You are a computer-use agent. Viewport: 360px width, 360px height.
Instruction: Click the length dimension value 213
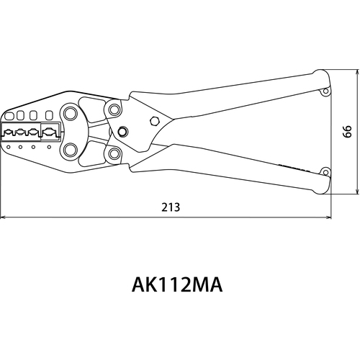[x=171, y=207]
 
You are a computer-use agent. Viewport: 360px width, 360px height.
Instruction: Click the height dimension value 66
[x=347, y=131]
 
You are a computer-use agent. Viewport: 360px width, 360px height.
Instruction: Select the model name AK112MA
[x=177, y=285]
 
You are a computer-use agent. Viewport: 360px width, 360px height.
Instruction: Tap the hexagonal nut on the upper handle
[x=155, y=121]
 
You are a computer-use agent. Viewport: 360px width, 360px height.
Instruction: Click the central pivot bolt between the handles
[x=122, y=132]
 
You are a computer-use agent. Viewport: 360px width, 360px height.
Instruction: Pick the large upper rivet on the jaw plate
[x=70, y=114]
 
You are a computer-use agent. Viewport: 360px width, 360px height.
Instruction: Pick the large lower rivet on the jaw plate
[x=70, y=150]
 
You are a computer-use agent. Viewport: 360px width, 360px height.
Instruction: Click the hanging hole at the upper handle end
[x=325, y=91]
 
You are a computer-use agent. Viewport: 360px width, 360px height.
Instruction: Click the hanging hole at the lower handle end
[x=325, y=173]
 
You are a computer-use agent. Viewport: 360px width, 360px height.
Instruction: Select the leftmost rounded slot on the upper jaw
[x=9, y=117]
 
